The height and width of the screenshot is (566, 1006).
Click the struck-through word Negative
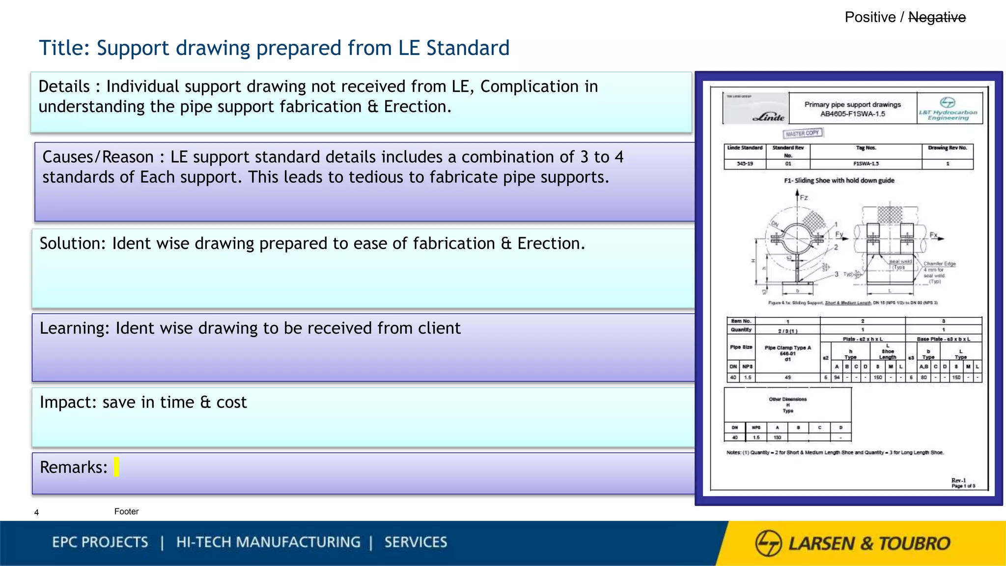pyautogui.click(x=937, y=18)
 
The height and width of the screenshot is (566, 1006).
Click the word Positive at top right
pyautogui.click(x=870, y=18)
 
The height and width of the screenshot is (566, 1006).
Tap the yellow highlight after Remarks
pyautogui.click(x=116, y=467)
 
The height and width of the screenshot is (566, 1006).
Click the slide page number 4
pyautogui.click(x=36, y=512)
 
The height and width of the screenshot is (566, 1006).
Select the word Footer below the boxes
pyautogui.click(x=126, y=511)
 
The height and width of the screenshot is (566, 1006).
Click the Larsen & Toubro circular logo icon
pyautogui.click(x=768, y=543)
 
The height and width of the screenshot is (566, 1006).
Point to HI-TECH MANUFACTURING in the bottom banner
pyautogui.click(x=268, y=542)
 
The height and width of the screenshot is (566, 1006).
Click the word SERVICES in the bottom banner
pyautogui.click(x=416, y=542)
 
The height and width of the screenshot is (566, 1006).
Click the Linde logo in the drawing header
pyautogui.click(x=768, y=117)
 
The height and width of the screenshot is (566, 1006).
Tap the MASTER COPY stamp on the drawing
pyautogui.click(x=803, y=133)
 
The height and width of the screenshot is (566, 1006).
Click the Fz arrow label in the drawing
pyautogui.click(x=804, y=198)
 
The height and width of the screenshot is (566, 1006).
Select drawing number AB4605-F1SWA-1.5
pyautogui.click(x=852, y=114)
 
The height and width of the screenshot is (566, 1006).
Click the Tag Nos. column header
pyautogui.click(x=866, y=148)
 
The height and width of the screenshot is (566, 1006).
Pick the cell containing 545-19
pyautogui.click(x=745, y=164)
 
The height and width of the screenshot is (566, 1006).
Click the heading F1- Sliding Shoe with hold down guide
pyautogui.click(x=839, y=180)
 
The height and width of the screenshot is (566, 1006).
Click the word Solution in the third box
pyautogui.click(x=72, y=244)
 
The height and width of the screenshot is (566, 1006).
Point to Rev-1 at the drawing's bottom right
pyautogui.click(x=958, y=480)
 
